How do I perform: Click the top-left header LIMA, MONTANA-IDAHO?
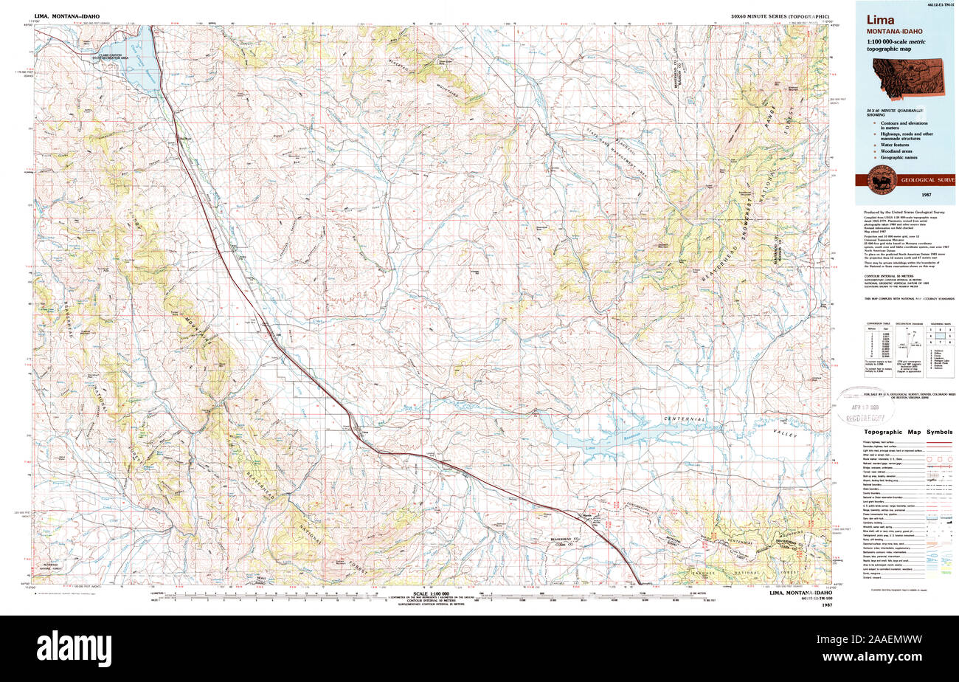coord(68,15)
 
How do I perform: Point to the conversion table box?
coord(877,347)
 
